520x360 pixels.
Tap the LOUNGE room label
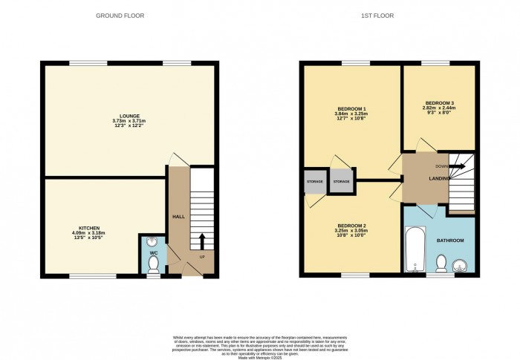point(129,116)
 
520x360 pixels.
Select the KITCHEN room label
point(90,228)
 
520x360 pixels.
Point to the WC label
point(153,253)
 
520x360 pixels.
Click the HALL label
point(178,216)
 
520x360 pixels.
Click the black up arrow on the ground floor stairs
point(201,240)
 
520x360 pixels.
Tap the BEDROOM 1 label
point(352,108)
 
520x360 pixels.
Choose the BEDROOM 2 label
point(351,225)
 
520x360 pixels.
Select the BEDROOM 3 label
point(440,102)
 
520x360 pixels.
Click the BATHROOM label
point(450,240)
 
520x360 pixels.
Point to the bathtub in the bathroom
point(413,251)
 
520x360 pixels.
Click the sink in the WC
point(152,240)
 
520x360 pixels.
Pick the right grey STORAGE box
point(341,181)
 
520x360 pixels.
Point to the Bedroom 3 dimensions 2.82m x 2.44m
point(440,108)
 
